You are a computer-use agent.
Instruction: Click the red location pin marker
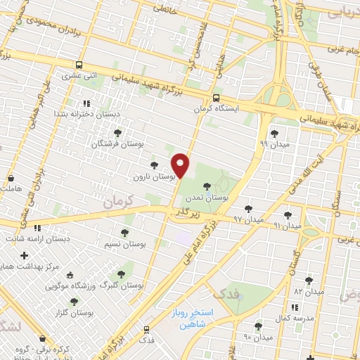[181, 165]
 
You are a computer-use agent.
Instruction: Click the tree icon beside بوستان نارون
[154, 165]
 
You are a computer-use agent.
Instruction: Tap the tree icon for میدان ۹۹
[274, 132]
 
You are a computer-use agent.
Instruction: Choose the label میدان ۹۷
[246, 220]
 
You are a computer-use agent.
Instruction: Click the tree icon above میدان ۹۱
[287, 214]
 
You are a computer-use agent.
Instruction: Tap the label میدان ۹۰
[257, 337]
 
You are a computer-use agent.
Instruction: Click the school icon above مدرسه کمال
[295, 307]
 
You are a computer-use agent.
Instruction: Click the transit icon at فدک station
[146, 328]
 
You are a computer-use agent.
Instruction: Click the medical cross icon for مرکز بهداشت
[25, 255]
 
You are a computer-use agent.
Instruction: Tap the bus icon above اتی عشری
[79, 63]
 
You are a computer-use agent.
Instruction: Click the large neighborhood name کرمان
[117, 202]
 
